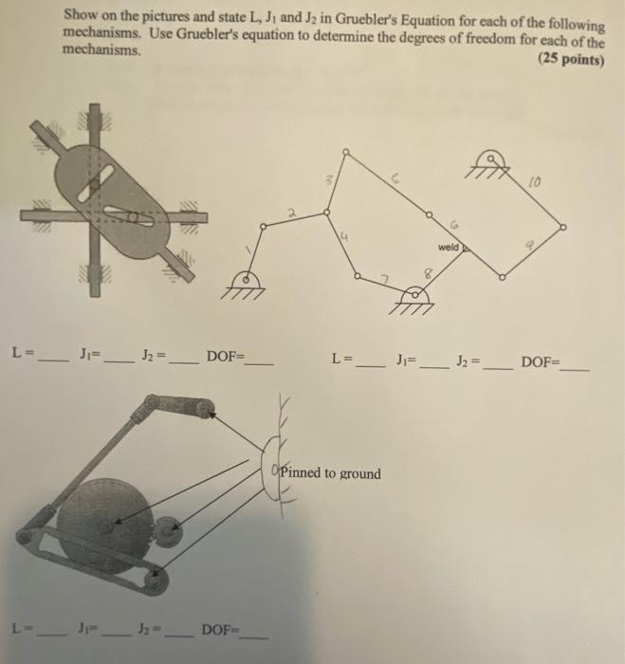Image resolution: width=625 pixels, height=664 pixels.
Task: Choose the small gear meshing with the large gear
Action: tap(169, 531)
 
